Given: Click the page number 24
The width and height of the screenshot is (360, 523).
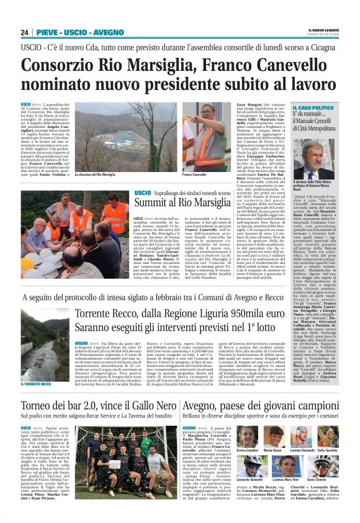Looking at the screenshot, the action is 24,32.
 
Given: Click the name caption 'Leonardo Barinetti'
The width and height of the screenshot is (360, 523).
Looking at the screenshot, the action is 248,480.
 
